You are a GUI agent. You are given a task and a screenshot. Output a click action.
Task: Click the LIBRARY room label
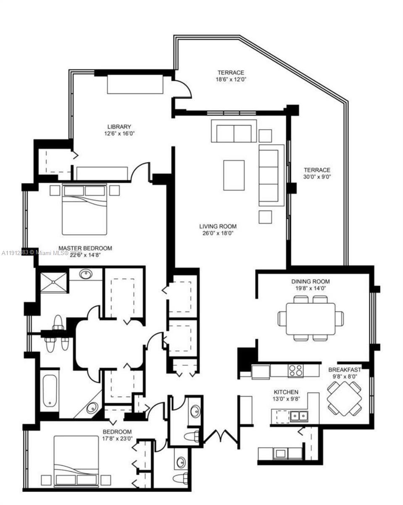click(119, 127)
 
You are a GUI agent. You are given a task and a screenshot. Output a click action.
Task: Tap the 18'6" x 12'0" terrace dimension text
click(231, 79)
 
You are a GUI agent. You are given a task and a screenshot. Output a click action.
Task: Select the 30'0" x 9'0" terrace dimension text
click(317, 177)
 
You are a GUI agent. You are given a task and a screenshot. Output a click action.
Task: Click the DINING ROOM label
click(311, 282)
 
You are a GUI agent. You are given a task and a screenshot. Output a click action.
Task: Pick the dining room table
click(311, 319)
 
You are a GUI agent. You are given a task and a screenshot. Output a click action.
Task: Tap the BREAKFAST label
click(345, 370)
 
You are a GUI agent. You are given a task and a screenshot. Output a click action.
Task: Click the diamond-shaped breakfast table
click(344, 398)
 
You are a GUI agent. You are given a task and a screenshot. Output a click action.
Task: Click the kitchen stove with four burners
click(295, 371)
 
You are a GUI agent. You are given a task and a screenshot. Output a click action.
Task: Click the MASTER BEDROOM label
click(85, 248)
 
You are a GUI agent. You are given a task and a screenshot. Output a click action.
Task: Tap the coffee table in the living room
click(234, 175)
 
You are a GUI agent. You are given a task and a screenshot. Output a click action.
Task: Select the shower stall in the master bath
click(53, 282)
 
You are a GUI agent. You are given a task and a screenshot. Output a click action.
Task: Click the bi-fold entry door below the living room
click(221, 436)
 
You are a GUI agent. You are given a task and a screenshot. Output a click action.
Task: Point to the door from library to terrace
click(184, 88)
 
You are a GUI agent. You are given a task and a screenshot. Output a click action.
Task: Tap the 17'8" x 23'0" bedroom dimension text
click(117, 438)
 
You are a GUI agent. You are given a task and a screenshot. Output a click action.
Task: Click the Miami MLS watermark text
click(42, 253)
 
